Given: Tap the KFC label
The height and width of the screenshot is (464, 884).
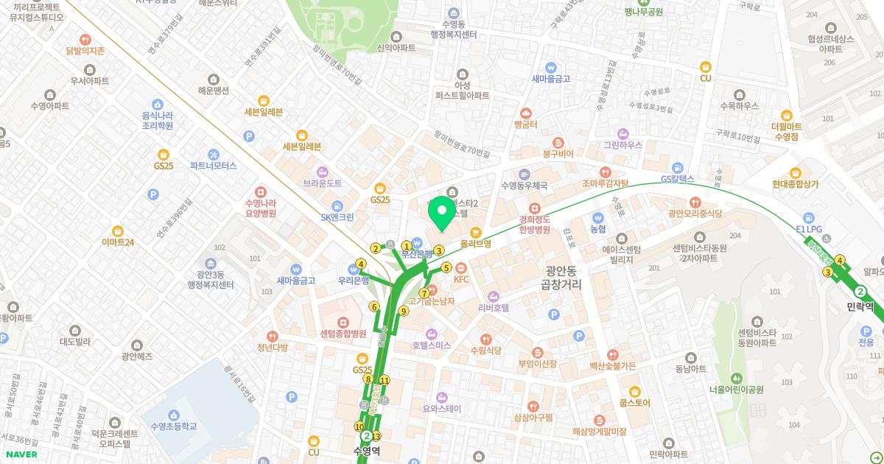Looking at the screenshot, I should click(x=461, y=279).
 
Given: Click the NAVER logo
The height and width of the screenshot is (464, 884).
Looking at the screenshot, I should click(x=21, y=454).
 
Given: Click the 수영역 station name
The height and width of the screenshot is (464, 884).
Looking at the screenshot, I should click(x=366, y=451).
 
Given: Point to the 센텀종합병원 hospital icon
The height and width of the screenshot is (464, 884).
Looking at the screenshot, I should click(x=343, y=323).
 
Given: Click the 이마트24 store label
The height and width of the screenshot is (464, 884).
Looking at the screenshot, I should click(x=118, y=242).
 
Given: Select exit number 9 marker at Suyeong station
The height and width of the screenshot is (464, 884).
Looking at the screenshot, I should click(x=404, y=311).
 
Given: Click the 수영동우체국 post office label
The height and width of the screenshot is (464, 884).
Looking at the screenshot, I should click(x=524, y=186).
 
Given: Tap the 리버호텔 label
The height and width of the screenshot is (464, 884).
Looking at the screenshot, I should click(x=494, y=307).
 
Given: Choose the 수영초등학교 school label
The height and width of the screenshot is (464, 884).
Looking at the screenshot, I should click(x=173, y=426).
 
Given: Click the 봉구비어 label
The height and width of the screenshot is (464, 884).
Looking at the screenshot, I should click(x=558, y=154).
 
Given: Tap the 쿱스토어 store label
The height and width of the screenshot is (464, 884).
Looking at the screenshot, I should click(x=634, y=403).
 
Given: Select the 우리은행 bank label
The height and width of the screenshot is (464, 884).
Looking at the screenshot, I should click(x=353, y=281).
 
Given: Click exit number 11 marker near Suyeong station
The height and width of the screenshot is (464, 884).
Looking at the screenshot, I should click(x=385, y=381).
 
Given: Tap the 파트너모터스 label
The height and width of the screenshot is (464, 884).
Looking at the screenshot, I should click(x=213, y=166).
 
